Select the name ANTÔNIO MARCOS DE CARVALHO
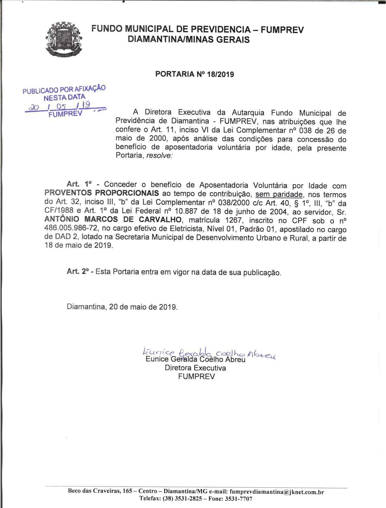pos(113,220)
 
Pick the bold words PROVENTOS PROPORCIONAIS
pos(101,193)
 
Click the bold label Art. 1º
pos(79,185)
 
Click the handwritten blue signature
pos(209,352)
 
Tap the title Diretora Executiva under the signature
pos(195,368)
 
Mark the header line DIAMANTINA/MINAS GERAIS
pos(189,40)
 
